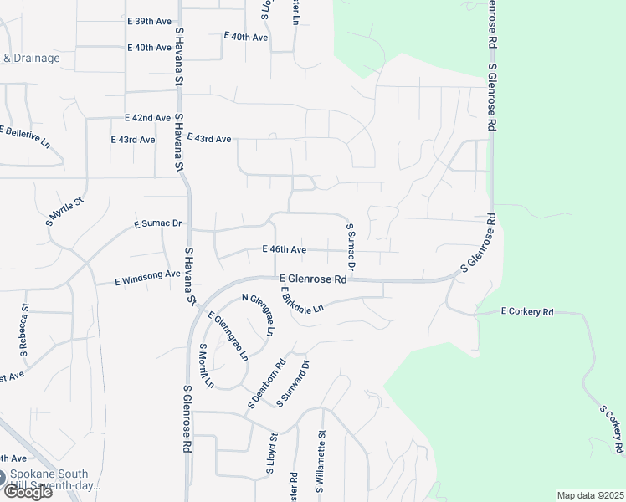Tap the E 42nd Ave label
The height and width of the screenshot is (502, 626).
[x=147, y=119]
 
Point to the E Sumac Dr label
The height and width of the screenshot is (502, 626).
[x=158, y=224]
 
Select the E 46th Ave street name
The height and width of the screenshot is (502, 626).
[x=284, y=249]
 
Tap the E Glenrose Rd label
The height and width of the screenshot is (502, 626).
[x=313, y=278]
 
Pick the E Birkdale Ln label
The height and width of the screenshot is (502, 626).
[x=302, y=304]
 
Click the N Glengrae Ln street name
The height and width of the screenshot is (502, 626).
[x=258, y=315]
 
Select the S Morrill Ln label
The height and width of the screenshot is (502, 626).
[x=207, y=366]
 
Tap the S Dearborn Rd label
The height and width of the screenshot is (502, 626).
[x=267, y=384]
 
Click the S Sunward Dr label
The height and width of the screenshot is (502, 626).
[x=293, y=384]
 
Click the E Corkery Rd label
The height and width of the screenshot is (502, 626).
[x=527, y=312]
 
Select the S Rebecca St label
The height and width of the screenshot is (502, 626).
[x=26, y=330]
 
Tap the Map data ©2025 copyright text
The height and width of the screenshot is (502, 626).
[x=590, y=495]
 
